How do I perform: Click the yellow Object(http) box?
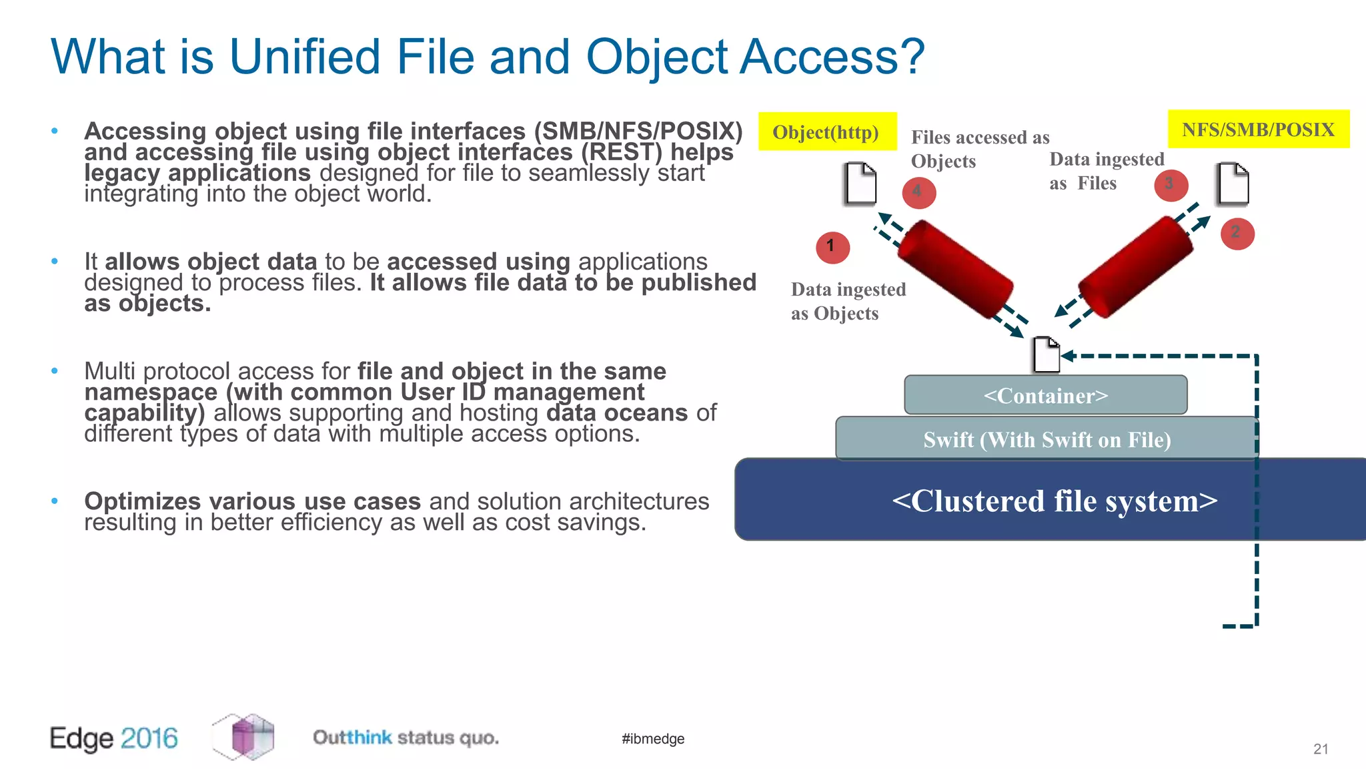click(827, 132)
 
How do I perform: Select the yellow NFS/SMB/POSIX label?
click(1258, 129)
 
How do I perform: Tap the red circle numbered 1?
click(832, 247)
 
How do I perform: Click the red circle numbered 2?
click(1237, 234)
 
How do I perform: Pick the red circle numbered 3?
click(1171, 185)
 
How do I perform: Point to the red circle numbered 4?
click(918, 192)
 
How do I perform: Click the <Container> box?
click(1045, 395)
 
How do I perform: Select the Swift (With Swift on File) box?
click(1047, 439)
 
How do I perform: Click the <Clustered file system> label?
click(1055, 501)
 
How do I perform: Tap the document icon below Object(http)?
click(860, 184)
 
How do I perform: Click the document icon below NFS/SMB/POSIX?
click(1232, 184)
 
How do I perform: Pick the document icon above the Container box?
click(1046, 355)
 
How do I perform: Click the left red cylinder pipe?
click(954, 268)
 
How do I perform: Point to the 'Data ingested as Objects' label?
click(848, 301)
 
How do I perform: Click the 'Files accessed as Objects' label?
click(979, 149)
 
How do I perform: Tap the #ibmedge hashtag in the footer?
click(652, 738)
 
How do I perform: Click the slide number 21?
click(1320, 749)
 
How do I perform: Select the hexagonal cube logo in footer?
click(243, 737)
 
